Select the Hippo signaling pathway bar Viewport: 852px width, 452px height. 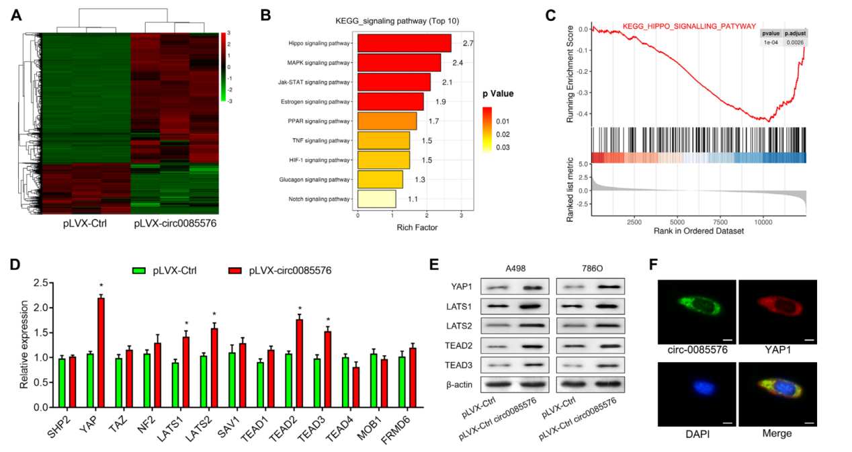point(404,43)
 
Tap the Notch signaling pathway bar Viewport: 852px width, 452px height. point(376,199)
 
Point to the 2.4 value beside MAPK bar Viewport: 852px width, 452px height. point(458,62)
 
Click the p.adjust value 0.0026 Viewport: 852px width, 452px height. point(796,42)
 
